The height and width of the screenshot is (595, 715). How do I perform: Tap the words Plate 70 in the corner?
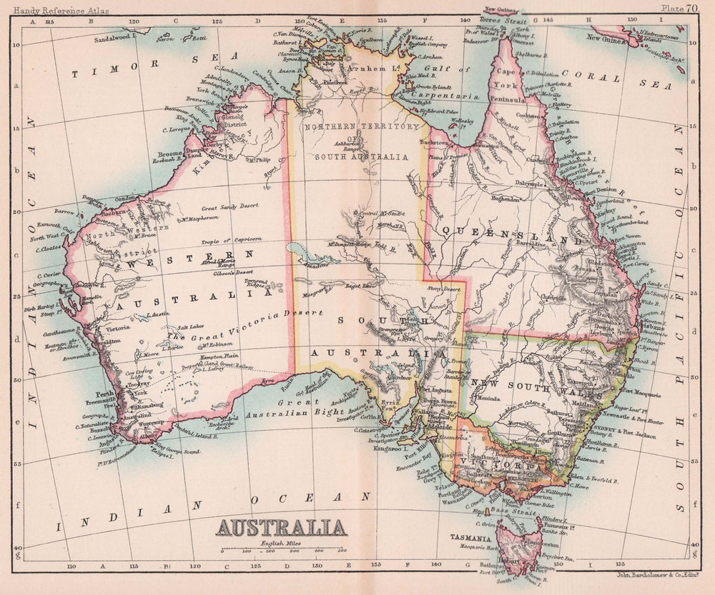click(679, 9)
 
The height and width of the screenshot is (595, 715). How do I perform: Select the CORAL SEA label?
click(616, 78)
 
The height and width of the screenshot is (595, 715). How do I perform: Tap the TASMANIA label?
click(469, 536)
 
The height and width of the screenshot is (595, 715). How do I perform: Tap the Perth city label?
click(106, 394)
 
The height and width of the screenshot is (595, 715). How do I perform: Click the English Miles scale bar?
click(283, 550)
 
